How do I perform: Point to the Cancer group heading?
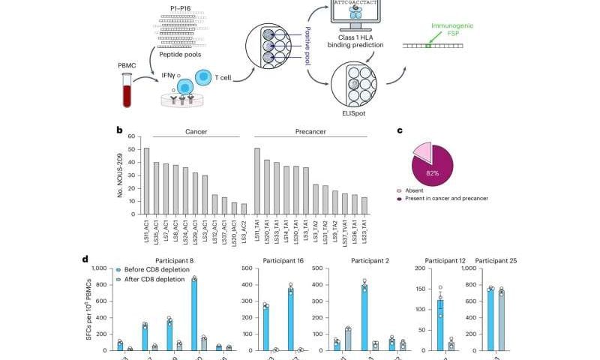pos(196,131)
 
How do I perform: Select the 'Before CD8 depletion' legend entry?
pos(153,268)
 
